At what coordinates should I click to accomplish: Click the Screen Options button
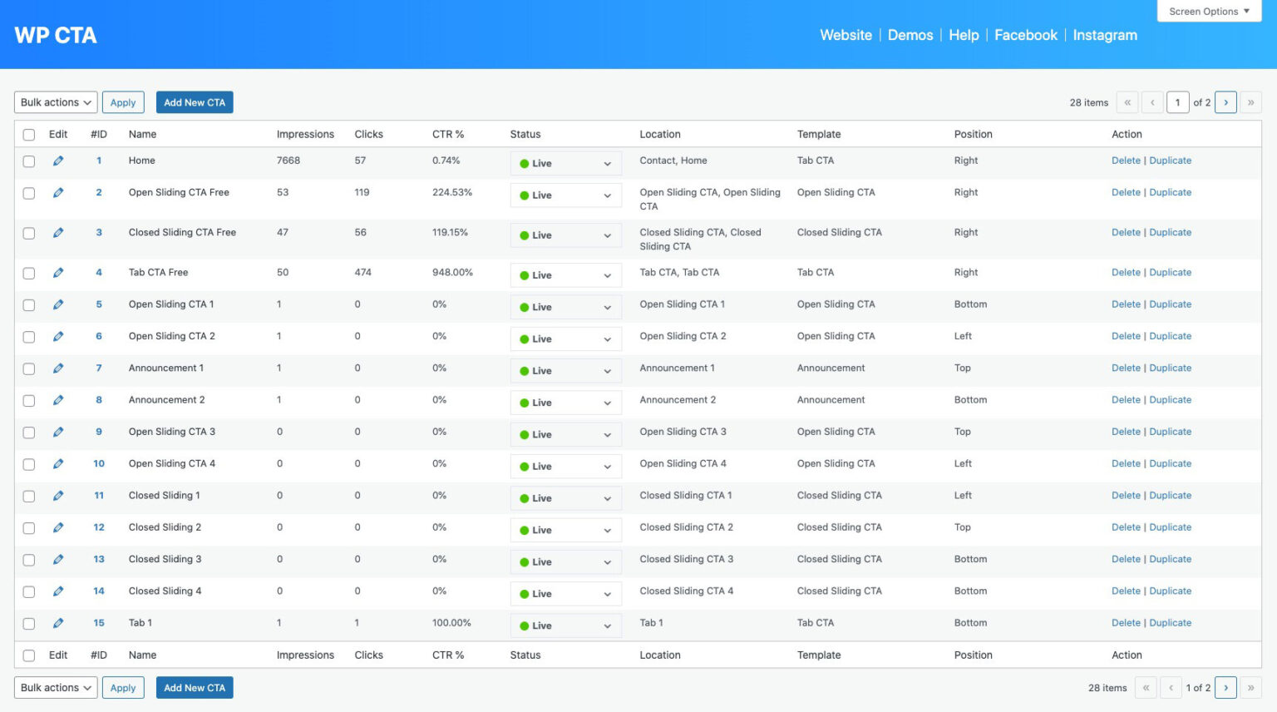click(x=1209, y=12)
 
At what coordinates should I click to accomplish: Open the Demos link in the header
click(x=910, y=35)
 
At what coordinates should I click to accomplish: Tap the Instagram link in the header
click(x=1105, y=35)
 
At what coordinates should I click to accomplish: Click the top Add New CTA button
click(x=195, y=102)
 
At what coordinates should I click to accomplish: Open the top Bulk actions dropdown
click(x=56, y=102)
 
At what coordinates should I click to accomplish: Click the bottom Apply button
click(x=123, y=688)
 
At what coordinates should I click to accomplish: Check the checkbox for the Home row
click(x=29, y=161)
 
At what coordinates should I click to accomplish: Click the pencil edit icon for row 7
click(x=58, y=368)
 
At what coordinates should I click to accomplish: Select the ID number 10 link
click(x=99, y=463)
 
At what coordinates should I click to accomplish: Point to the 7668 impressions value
click(x=288, y=161)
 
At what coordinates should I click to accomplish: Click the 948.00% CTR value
click(x=452, y=272)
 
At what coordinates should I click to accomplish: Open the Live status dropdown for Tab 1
click(x=565, y=625)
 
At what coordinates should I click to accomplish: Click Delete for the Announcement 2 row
click(x=1126, y=400)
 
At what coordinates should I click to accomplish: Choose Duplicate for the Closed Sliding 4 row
click(x=1171, y=591)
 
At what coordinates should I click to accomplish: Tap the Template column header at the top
click(x=819, y=134)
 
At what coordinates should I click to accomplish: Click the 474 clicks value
click(x=362, y=272)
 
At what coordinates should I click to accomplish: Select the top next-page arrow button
click(x=1225, y=102)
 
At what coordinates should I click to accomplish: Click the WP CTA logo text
click(x=56, y=35)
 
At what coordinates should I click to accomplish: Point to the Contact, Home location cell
click(x=673, y=161)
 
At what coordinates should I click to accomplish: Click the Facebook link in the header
click(x=1026, y=35)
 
